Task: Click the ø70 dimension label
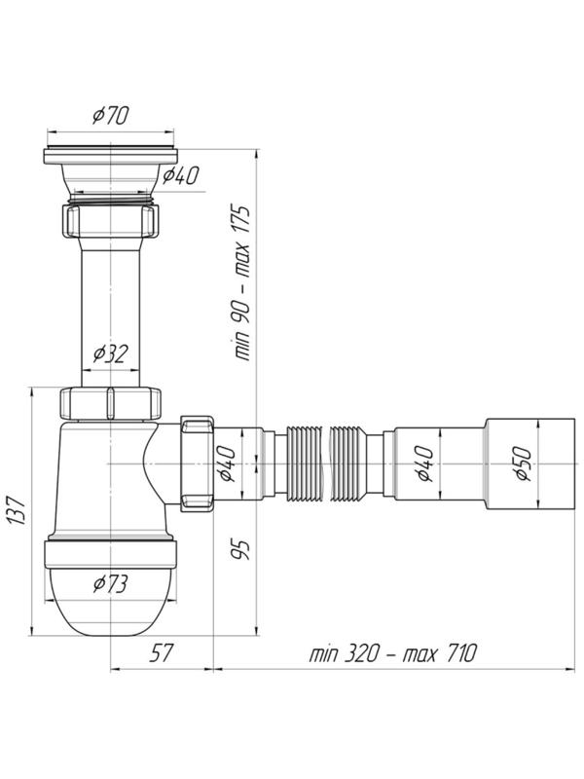tap(110, 115)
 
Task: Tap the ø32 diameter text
tap(110, 353)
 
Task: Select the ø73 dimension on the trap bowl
tap(110, 583)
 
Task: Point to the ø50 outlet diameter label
tap(524, 464)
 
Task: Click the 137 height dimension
tap(17, 509)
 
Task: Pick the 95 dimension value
tap(241, 550)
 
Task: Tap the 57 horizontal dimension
tap(161, 652)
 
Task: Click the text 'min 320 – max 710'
tap(392, 652)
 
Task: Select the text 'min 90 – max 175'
tap(242, 282)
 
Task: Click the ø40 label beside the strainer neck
tap(181, 175)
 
